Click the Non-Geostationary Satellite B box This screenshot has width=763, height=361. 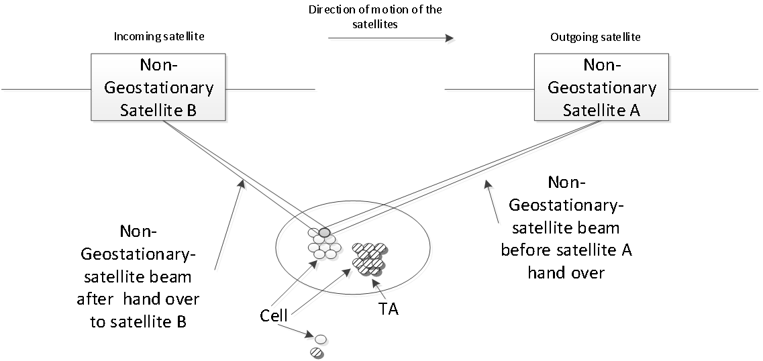[x=159, y=88]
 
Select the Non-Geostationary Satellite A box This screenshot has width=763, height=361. [x=601, y=88]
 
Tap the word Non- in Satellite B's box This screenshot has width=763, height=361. [x=158, y=65]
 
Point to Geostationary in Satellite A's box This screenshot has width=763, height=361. [x=601, y=88]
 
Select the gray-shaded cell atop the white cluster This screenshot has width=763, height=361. [x=325, y=233]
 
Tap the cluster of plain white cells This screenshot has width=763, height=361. [x=325, y=246]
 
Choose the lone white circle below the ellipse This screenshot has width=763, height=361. [x=321, y=340]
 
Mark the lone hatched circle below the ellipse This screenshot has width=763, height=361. [x=317, y=352]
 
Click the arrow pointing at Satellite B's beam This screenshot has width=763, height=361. [x=230, y=225]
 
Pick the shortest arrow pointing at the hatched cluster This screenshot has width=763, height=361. [x=383, y=293]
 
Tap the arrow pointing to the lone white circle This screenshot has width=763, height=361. [x=295, y=331]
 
